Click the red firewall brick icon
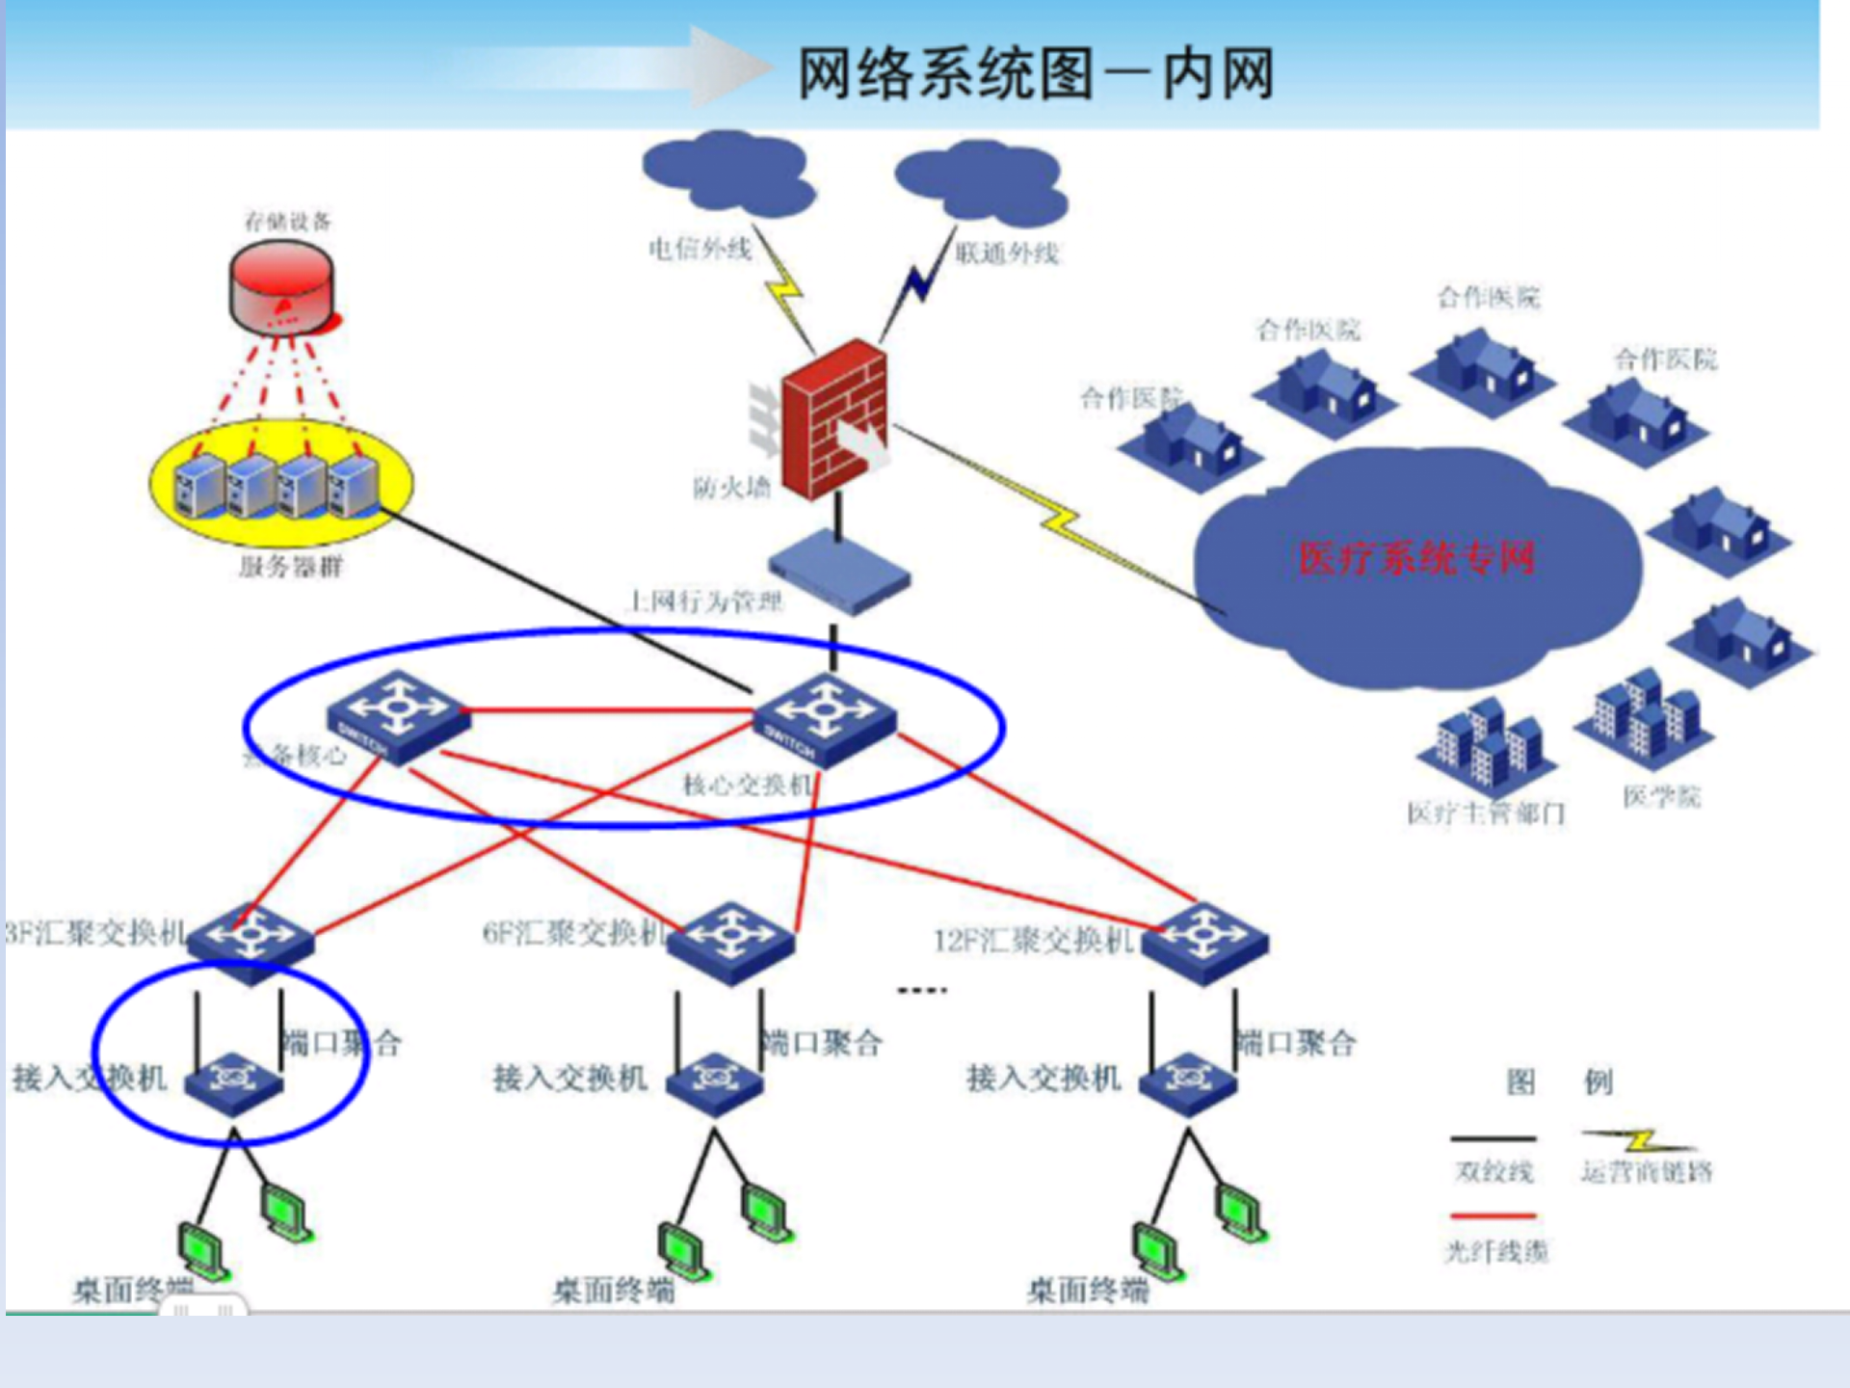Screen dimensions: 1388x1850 coord(834,419)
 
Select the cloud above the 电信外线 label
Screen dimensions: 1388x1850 coord(727,174)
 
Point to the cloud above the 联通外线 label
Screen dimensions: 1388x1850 coord(981,179)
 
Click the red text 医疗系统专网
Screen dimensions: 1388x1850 coord(1415,558)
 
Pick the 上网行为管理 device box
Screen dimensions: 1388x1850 coord(838,571)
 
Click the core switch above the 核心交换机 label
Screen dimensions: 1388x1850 coord(825,719)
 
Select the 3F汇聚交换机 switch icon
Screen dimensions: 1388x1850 coord(251,941)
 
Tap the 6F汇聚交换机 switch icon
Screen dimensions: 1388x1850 coord(731,941)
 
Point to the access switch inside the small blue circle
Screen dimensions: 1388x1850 coord(233,1082)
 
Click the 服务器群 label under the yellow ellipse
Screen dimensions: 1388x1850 coord(291,566)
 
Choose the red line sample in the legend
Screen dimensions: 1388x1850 coord(1493,1216)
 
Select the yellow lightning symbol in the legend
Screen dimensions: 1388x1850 coord(1639,1141)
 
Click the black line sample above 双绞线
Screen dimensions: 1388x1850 coord(1493,1139)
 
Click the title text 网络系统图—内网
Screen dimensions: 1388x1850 coord(1036,73)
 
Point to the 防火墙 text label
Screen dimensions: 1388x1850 coord(732,488)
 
